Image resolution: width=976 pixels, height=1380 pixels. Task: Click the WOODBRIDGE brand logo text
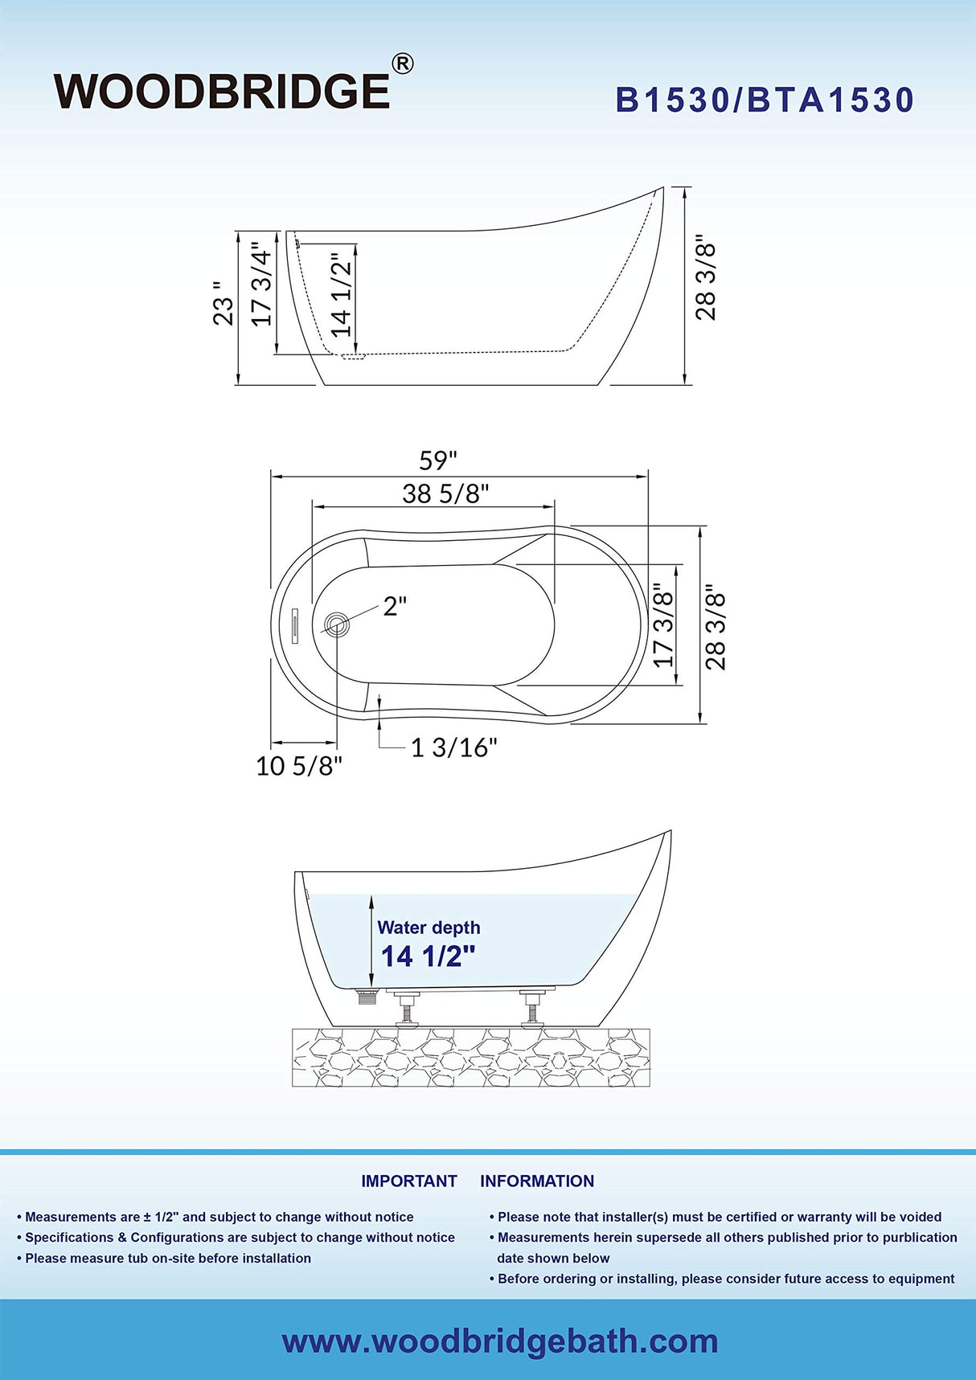(x=222, y=92)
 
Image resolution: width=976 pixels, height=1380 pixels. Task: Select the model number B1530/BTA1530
(x=765, y=100)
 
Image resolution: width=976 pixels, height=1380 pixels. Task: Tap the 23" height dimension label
(x=223, y=304)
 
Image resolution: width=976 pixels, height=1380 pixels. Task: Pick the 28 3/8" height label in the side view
(x=705, y=277)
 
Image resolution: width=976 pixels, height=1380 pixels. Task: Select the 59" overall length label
(x=438, y=461)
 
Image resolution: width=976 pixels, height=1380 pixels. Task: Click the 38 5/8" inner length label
(x=445, y=493)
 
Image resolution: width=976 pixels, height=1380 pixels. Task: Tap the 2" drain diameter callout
(x=394, y=606)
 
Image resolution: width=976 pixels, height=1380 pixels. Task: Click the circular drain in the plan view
(x=337, y=624)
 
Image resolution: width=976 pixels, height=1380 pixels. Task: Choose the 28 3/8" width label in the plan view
(x=716, y=628)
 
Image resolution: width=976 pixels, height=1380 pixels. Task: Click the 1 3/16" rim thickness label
(x=453, y=748)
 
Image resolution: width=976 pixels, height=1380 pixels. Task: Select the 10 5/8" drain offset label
(x=299, y=766)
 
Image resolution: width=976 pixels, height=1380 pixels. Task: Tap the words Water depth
(x=429, y=928)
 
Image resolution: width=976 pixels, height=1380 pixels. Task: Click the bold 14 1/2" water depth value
(x=428, y=956)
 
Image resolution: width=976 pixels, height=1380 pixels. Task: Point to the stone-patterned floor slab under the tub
(x=471, y=1057)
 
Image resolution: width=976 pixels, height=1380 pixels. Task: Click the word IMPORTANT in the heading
(x=408, y=1181)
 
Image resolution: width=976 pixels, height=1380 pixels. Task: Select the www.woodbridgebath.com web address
(x=499, y=1341)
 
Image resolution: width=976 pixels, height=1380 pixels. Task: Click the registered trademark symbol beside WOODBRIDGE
(x=402, y=63)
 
